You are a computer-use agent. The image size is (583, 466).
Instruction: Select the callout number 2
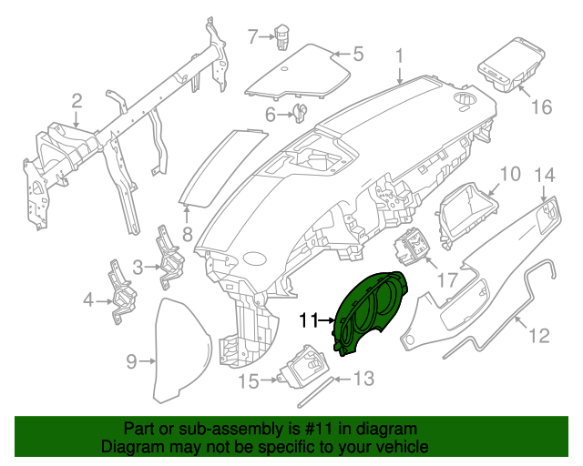[77, 100]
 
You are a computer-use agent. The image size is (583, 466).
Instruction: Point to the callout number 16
[541, 107]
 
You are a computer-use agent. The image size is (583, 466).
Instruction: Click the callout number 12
[539, 336]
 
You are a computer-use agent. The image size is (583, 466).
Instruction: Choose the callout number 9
[131, 362]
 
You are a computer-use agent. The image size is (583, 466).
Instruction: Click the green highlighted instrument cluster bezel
[372, 314]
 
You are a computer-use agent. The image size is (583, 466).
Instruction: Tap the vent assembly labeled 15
[304, 370]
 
